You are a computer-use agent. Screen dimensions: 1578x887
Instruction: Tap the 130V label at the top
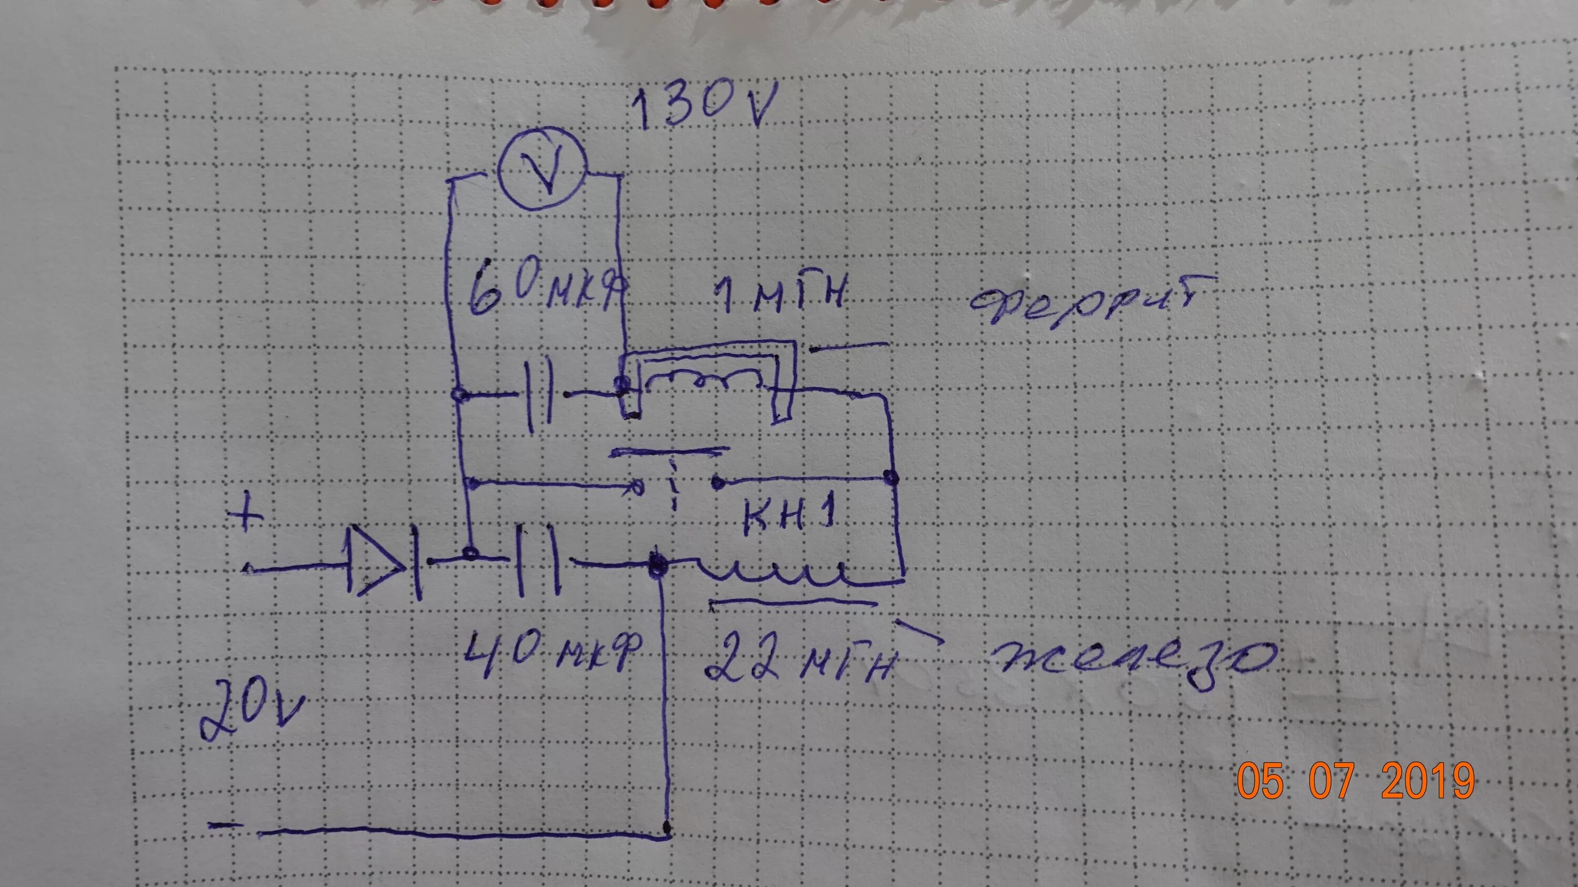coord(704,108)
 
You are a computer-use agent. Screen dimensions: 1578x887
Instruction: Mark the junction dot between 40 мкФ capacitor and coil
coord(656,563)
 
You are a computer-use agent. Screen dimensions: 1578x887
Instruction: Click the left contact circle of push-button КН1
coord(639,487)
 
